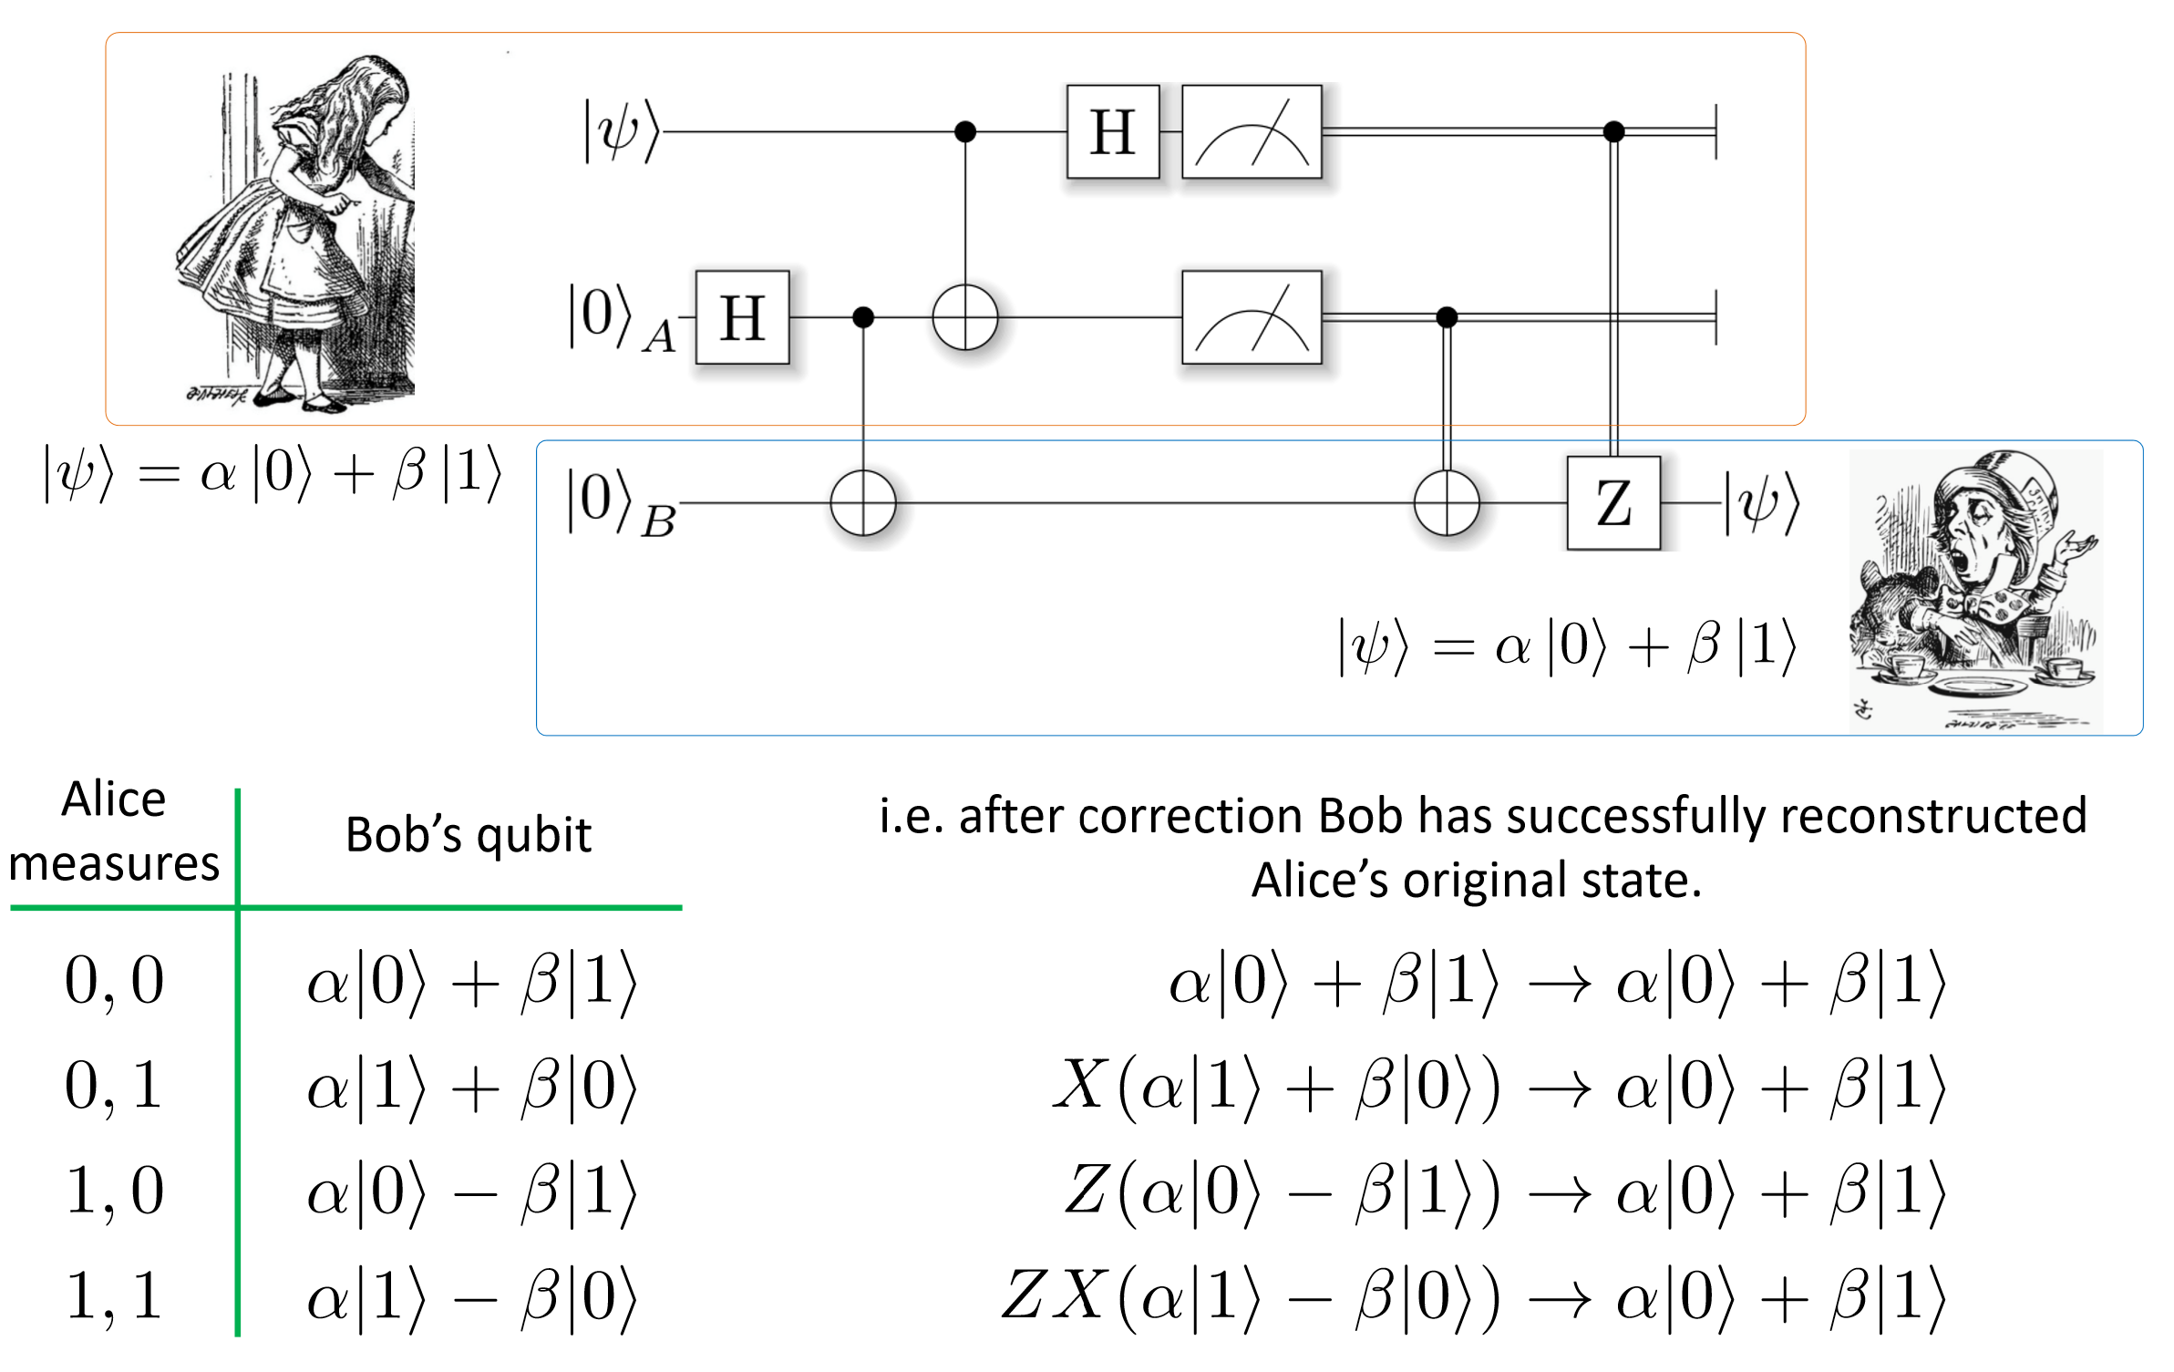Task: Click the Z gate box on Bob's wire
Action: click(x=1612, y=503)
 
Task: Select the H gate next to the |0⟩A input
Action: click(x=742, y=317)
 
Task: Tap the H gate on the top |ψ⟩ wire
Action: click(x=1113, y=132)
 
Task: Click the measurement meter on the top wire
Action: click(x=1252, y=132)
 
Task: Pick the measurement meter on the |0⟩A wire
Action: click(x=1252, y=317)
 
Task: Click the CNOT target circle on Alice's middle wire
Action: click(x=965, y=317)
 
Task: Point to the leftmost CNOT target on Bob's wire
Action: click(x=863, y=503)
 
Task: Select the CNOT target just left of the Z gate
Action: click(x=1447, y=503)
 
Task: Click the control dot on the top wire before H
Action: click(x=965, y=132)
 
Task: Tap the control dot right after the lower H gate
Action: click(x=863, y=317)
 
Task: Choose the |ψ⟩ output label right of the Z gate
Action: click(x=1761, y=503)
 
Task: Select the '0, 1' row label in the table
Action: click(x=114, y=1087)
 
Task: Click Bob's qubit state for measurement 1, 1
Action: click(x=471, y=1296)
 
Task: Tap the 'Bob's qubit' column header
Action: click(x=469, y=835)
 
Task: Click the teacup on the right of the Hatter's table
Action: click(x=2065, y=670)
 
